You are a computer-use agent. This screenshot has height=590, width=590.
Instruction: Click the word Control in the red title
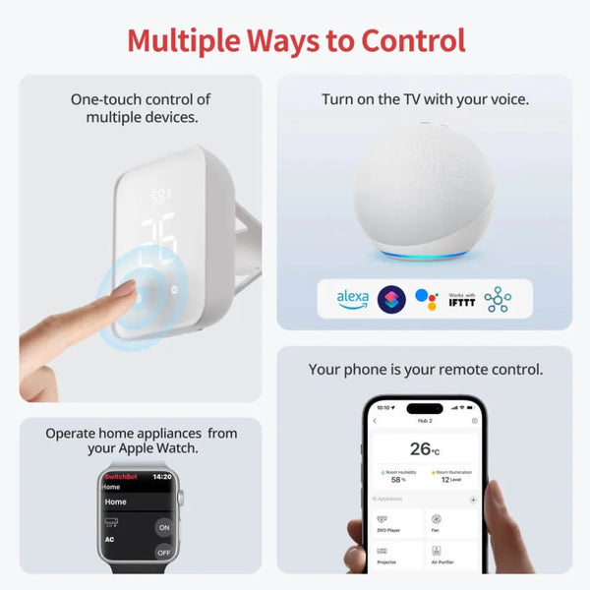[406, 40]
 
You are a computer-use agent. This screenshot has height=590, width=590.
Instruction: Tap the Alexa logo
[352, 298]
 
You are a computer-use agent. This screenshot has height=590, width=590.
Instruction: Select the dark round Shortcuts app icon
[390, 298]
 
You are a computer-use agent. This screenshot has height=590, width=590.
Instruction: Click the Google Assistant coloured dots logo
[425, 298]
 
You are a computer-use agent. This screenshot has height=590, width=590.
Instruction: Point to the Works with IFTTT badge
[460, 298]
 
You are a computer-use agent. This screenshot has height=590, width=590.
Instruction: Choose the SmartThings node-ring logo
[498, 298]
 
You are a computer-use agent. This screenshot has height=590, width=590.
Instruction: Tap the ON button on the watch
[163, 526]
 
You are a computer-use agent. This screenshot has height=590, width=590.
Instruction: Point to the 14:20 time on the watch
[163, 476]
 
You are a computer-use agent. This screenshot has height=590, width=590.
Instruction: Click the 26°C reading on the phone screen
[423, 448]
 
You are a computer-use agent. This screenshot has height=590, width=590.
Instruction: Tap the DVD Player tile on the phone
[396, 523]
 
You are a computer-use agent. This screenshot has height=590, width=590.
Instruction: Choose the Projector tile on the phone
[396, 558]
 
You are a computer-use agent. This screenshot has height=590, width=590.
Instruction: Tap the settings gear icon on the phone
[474, 421]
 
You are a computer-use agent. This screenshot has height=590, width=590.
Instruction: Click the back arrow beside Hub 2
[374, 421]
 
